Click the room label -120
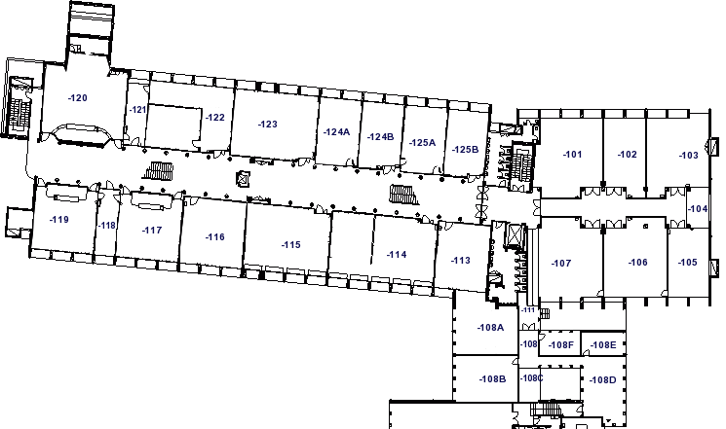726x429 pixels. click(77, 98)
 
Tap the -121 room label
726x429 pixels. click(138, 110)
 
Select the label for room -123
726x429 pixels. click(268, 124)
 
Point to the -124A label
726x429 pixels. click(336, 131)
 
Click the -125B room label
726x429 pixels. click(465, 149)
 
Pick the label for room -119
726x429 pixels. click(59, 220)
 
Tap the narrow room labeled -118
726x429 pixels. click(107, 225)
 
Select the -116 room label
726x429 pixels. click(214, 236)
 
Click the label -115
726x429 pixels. click(290, 244)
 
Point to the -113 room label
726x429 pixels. click(461, 261)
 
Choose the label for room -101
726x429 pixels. click(572, 155)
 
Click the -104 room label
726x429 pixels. click(698, 209)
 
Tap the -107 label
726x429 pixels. click(561, 263)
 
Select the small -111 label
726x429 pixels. click(528, 309)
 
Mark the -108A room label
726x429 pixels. click(490, 327)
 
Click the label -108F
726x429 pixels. click(560, 345)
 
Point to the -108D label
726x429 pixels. click(602, 380)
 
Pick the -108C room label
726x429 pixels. click(531, 378)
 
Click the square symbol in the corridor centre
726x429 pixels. click(243, 178)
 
